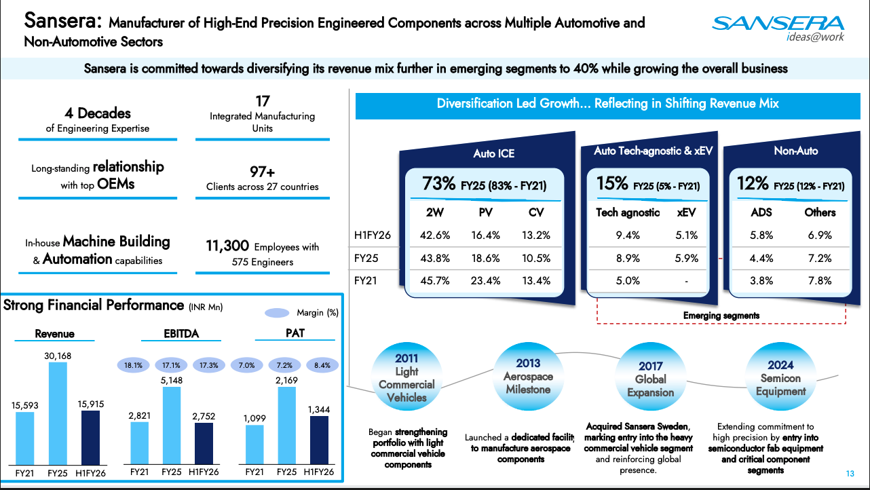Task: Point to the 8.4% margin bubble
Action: click(322, 365)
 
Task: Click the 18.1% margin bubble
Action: click(134, 365)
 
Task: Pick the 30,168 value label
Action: click(59, 356)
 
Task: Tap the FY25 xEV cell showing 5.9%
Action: click(687, 258)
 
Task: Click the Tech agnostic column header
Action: click(627, 212)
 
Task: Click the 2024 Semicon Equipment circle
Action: click(780, 377)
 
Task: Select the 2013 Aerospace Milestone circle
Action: click(528, 376)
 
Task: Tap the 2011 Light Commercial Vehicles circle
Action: click(406, 377)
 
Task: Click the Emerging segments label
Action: click(721, 316)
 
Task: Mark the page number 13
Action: click(850, 474)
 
